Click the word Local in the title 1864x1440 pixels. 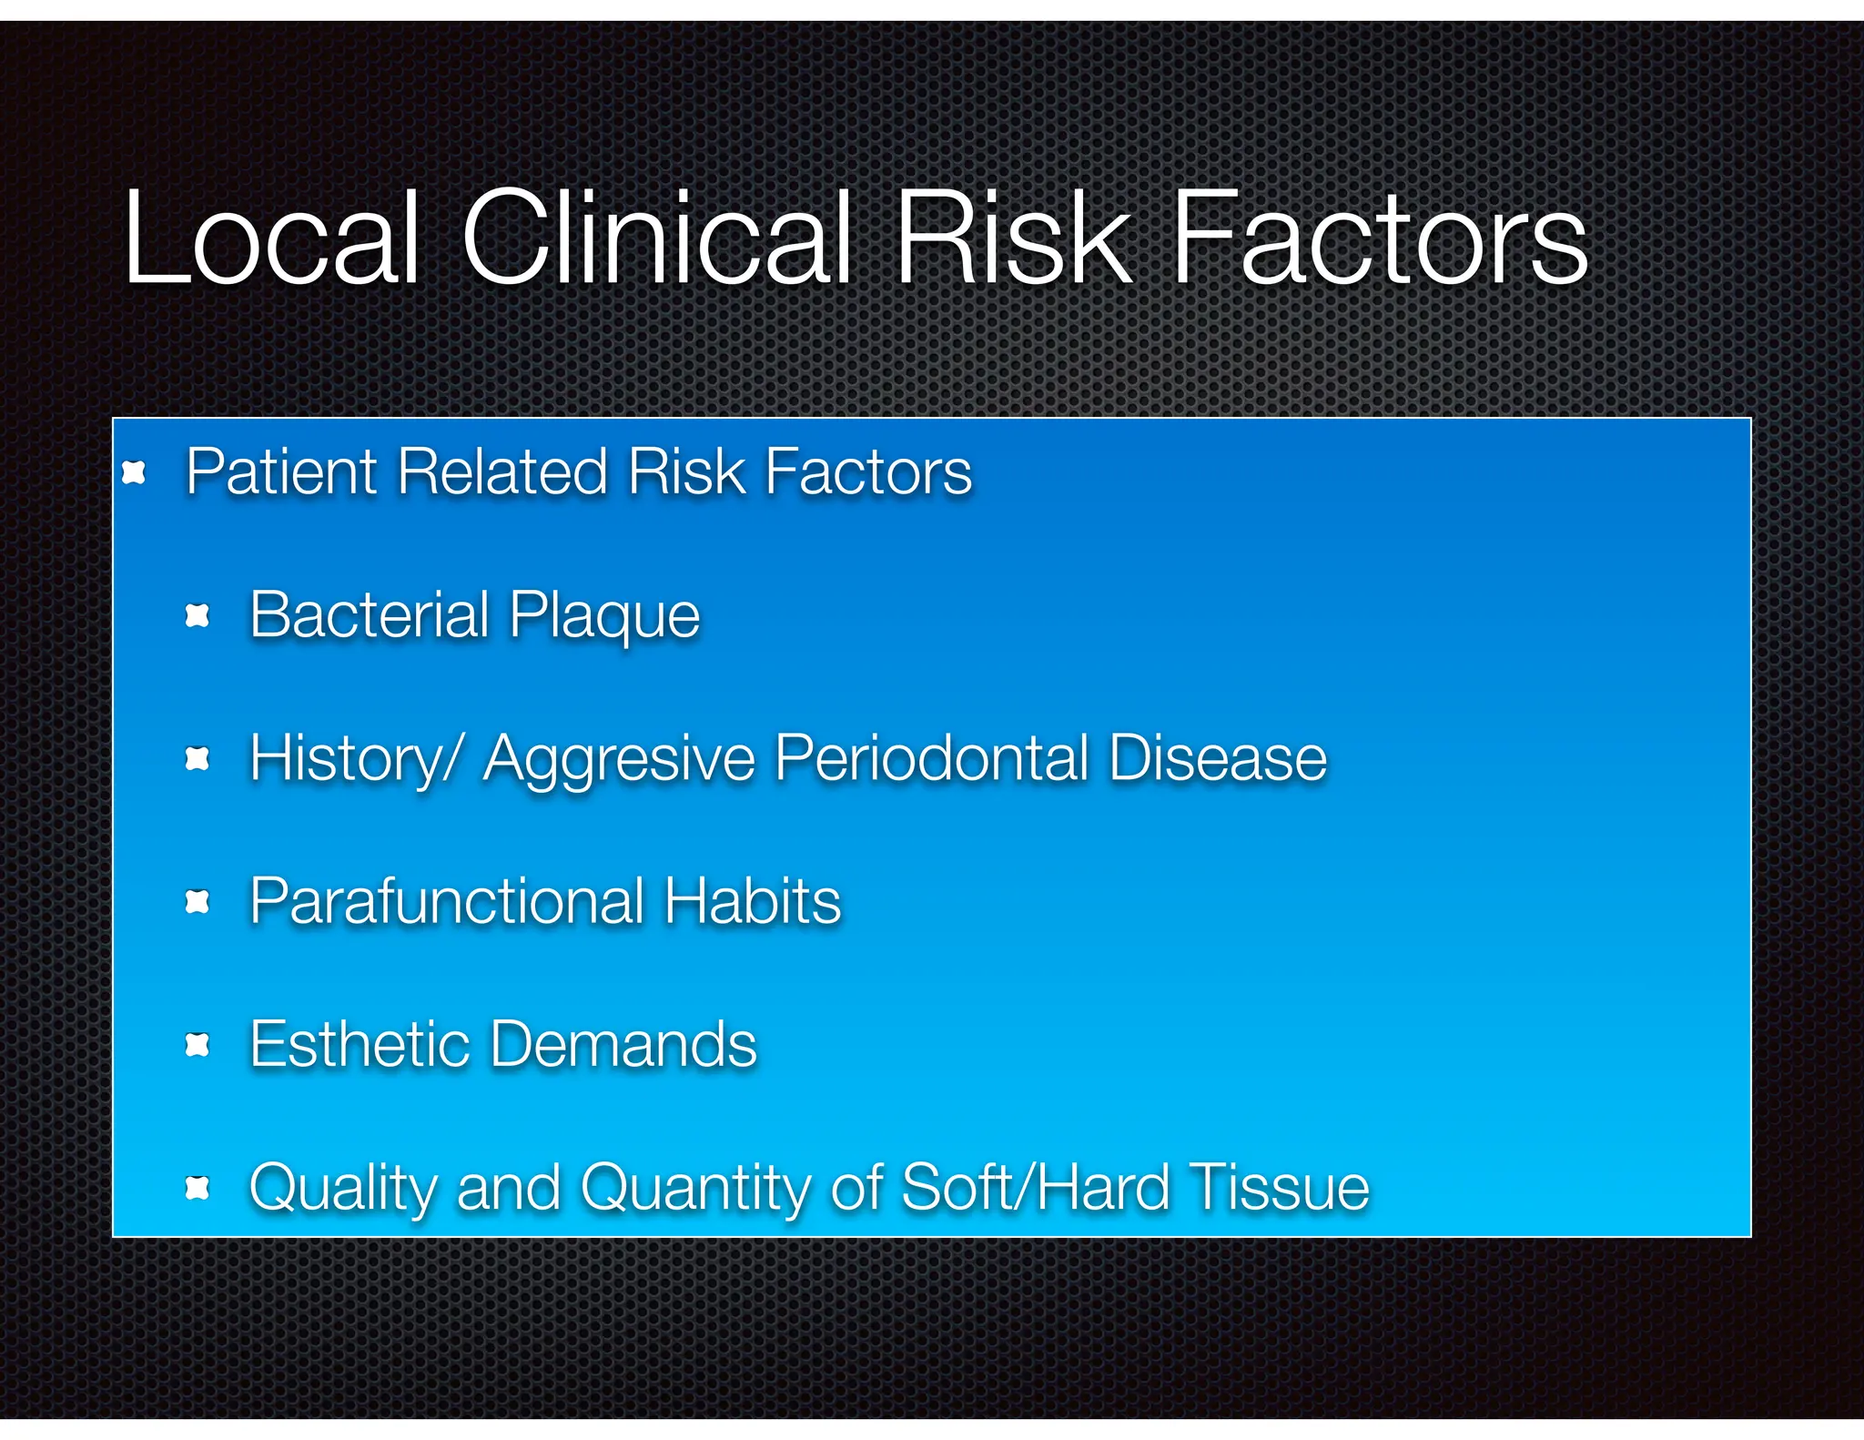271,238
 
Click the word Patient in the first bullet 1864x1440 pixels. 280,472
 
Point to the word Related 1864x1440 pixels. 501,472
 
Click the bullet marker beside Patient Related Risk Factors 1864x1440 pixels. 134,472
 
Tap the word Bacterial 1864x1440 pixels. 369,614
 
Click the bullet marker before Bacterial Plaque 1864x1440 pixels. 198,616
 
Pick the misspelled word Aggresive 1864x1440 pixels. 619,759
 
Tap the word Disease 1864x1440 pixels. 1218,757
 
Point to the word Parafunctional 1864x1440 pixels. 447,900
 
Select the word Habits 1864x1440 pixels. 752,900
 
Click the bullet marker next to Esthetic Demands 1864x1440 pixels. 198,1045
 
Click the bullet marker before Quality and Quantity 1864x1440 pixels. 198,1188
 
